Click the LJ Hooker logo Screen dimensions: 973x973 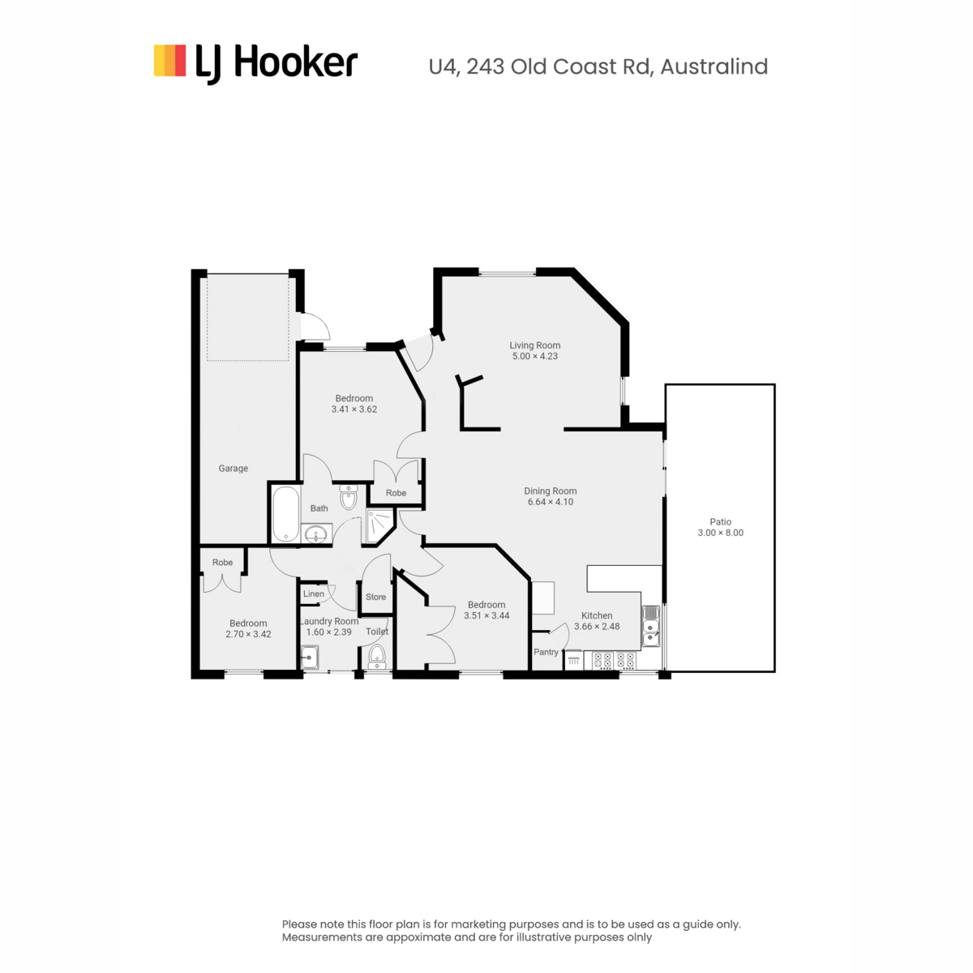pyautogui.click(x=255, y=63)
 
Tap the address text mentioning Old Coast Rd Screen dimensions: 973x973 pyautogui.click(x=598, y=66)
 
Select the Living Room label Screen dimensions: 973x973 pyautogui.click(x=534, y=345)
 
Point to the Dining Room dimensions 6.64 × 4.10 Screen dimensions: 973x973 pyautogui.click(x=550, y=502)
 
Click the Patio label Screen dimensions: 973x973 pyautogui.click(x=720, y=521)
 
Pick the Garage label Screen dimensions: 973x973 pyautogui.click(x=233, y=469)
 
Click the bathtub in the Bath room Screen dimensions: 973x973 pyautogui.click(x=285, y=513)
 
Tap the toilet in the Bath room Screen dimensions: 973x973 pyautogui.click(x=348, y=497)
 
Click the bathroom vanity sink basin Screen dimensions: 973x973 pyautogui.click(x=316, y=534)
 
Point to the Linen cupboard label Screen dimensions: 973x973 pyautogui.click(x=314, y=594)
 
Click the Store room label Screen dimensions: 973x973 pyautogui.click(x=375, y=597)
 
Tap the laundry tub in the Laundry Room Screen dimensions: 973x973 pyautogui.click(x=310, y=658)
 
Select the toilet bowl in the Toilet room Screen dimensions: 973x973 pyautogui.click(x=377, y=656)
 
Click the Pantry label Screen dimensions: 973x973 pyautogui.click(x=546, y=653)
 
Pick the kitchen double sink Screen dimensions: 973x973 pyautogui.click(x=651, y=627)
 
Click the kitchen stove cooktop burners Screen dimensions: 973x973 pyautogui.click(x=615, y=661)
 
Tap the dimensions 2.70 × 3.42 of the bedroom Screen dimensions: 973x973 pyautogui.click(x=248, y=634)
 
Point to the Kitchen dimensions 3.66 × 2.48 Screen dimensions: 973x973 pyautogui.click(x=597, y=627)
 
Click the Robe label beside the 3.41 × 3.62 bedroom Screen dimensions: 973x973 pyautogui.click(x=396, y=493)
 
